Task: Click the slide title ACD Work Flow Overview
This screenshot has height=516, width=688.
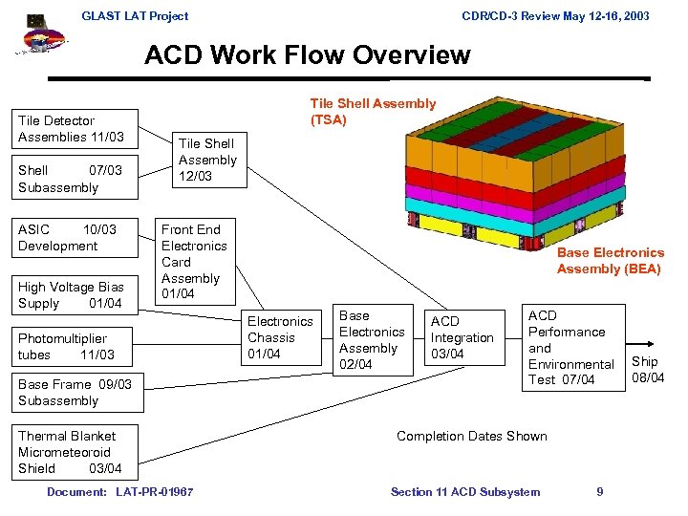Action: (x=308, y=54)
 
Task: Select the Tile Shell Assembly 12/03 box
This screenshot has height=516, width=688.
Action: (x=207, y=160)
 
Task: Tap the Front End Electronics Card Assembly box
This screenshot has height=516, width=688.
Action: (x=194, y=261)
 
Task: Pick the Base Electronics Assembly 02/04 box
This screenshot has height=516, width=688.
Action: (x=371, y=340)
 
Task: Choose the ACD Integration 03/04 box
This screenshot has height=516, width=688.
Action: (x=463, y=338)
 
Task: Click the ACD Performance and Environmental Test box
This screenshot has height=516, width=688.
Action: (x=571, y=347)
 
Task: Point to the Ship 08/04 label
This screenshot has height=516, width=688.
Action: (x=647, y=369)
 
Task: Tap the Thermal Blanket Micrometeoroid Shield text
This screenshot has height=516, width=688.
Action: (x=71, y=452)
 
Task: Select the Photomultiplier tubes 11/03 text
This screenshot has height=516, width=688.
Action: (x=66, y=347)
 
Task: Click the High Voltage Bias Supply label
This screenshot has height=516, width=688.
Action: (x=70, y=295)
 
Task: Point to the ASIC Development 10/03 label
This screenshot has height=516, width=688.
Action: (x=67, y=238)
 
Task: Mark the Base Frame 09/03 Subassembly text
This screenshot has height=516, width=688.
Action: (x=75, y=393)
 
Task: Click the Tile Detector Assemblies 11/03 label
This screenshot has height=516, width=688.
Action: (x=71, y=129)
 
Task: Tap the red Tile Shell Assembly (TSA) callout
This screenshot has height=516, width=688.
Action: (x=373, y=112)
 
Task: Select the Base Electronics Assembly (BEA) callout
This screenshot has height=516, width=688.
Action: (x=610, y=261)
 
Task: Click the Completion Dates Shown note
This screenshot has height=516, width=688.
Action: (x=472, y=437)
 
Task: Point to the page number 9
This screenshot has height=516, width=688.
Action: (x=599, y=492)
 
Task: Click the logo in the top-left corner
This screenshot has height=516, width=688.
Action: (x=41, y=36)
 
